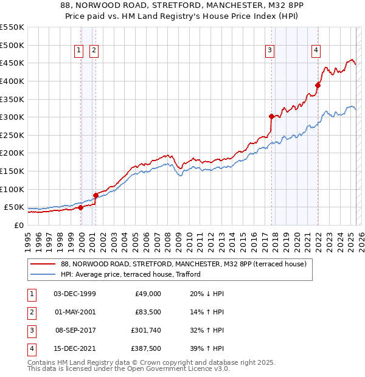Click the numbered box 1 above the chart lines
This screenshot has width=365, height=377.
click(x=79, y=51)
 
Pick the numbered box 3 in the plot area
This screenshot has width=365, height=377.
click(x=269, y=51)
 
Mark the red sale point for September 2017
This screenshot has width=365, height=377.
click(x=271, y=116)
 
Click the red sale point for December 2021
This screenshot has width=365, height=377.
click(x=318, y=85)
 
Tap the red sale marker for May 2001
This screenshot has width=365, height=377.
click(x=96, y=195)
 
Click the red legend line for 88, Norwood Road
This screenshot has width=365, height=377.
click(x=43, y=264)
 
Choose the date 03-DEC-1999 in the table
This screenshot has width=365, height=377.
click(x=74, y=294)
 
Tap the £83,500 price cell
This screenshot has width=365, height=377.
click(x=147, y=312)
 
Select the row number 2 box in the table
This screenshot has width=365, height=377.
click(x=31, y=312)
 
